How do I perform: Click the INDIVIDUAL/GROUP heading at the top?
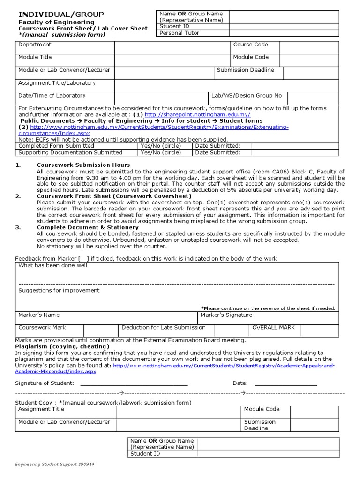pyautogui.click(x=61, y=15)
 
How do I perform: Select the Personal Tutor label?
pyautogui.click(x=180, y=33)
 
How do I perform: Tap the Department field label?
pyautogui.click(x=35, y=45)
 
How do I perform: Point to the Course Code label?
pyautogui.click(x=251, y=45)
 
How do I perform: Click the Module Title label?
pyautogui.click(x=35, y=57)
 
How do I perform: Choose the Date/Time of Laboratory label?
pyautogui.click(x=52, y=96)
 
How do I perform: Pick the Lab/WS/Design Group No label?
pyautogui.click(x=247, y=96)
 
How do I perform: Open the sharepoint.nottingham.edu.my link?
pyautogui.click(x=198, y=114)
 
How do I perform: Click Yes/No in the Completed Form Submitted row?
pyautogui.click(x=160, y=146)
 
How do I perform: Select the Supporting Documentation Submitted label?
pyautogui.click(x=70, y=152)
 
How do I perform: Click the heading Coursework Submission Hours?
pyautogui.click(x=83, y=165)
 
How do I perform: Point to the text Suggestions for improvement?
pyautogui.click(x=59, y=290)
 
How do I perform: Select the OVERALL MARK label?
pyautogui.click(x=273, y=328)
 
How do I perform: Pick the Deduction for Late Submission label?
pyautogui.click(x=164, y=328)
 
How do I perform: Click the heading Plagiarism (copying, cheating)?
pyautogui.click(x=62, y=346)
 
